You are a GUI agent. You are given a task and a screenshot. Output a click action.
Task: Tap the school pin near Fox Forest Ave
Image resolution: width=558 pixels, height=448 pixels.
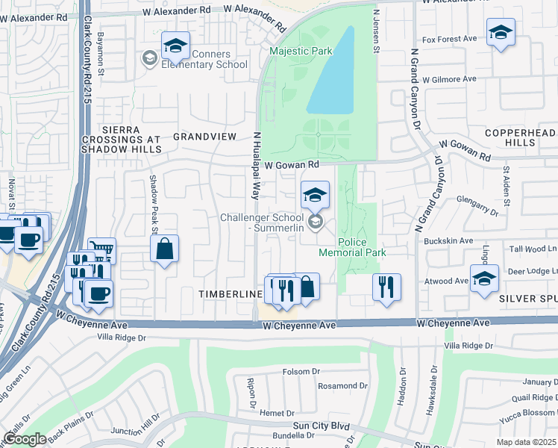[x=501, y=32]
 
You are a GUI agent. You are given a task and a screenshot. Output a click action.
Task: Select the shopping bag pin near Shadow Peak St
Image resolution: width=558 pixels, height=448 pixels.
[x=165, y=248]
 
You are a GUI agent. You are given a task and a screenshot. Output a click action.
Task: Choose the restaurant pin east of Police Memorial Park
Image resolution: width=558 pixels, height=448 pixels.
[x=386, y=287]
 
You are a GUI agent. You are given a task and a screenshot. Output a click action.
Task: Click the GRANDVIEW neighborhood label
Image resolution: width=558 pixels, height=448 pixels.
[x=204, y=137]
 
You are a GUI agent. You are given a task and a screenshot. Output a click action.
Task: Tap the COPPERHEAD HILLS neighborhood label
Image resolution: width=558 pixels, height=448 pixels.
[x=521, y=137]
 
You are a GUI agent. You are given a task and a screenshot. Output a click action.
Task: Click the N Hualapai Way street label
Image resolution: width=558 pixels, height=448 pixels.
[x=255, y=166]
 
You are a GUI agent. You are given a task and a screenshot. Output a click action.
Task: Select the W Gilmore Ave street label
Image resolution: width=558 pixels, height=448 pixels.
[x=448, y=78]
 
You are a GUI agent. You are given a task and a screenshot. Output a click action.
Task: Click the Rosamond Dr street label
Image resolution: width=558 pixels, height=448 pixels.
[x=342, y=386]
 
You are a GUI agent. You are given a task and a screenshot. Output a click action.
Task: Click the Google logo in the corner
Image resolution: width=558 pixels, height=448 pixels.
[x=25, y=439]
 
